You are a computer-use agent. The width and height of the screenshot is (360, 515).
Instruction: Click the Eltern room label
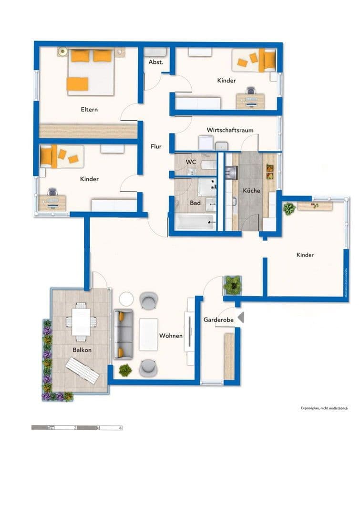pyautogui.click(x=89, y=110)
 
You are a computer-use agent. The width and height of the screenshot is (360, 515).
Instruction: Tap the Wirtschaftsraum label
pyautogui.click(x=230, y=130)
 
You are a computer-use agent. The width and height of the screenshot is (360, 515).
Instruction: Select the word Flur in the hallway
pyautogui.click(x=156, y=147)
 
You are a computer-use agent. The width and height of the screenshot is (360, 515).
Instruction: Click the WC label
pyautogui.click(x=191, y=162)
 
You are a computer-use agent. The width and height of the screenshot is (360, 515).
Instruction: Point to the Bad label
pyautogui.click(x=195, y=203)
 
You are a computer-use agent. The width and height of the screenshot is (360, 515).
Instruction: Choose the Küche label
pyautogui.click(x=251, y=191)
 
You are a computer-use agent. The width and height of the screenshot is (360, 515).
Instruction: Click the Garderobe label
pyautogui.click(x=218, y=320)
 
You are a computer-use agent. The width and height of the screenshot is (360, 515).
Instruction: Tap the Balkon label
pyautogui.click(x=82, y=350)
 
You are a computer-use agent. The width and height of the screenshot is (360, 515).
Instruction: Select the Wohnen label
pyautogui.click(x=171, y=336)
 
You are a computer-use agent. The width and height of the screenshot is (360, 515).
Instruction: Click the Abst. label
pyautogui.click(x=156, y=62)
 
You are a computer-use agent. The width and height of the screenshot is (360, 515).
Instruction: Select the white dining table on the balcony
pyautogui.click(x=81, y=321)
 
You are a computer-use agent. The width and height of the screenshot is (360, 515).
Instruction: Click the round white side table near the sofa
pyautogui.click(x=127, y=299)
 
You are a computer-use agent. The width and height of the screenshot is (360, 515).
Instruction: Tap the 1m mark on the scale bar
pyautogui.click(x=50, y=428)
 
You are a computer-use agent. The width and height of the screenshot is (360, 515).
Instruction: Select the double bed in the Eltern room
pyautogui.click(x=91, y=72)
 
